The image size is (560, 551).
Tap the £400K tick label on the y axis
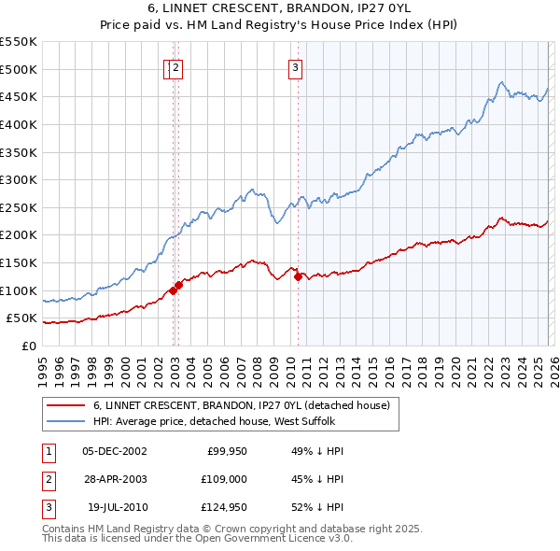tap(18, 124)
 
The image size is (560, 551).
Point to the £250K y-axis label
tap(18, 207)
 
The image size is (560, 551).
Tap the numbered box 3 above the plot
tap(295, 66)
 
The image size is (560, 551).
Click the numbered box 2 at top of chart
tap(176, 66)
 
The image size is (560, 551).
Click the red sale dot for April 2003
tap(178, 285)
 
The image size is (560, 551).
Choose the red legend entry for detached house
tap(246, 405)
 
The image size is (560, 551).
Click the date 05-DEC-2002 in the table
tap(115, 451)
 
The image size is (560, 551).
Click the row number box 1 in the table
tap(48, 451)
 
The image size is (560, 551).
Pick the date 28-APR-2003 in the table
tap(115, 479)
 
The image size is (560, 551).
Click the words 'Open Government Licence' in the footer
tap(273, 539)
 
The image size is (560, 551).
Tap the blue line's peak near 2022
tap(502, 82)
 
